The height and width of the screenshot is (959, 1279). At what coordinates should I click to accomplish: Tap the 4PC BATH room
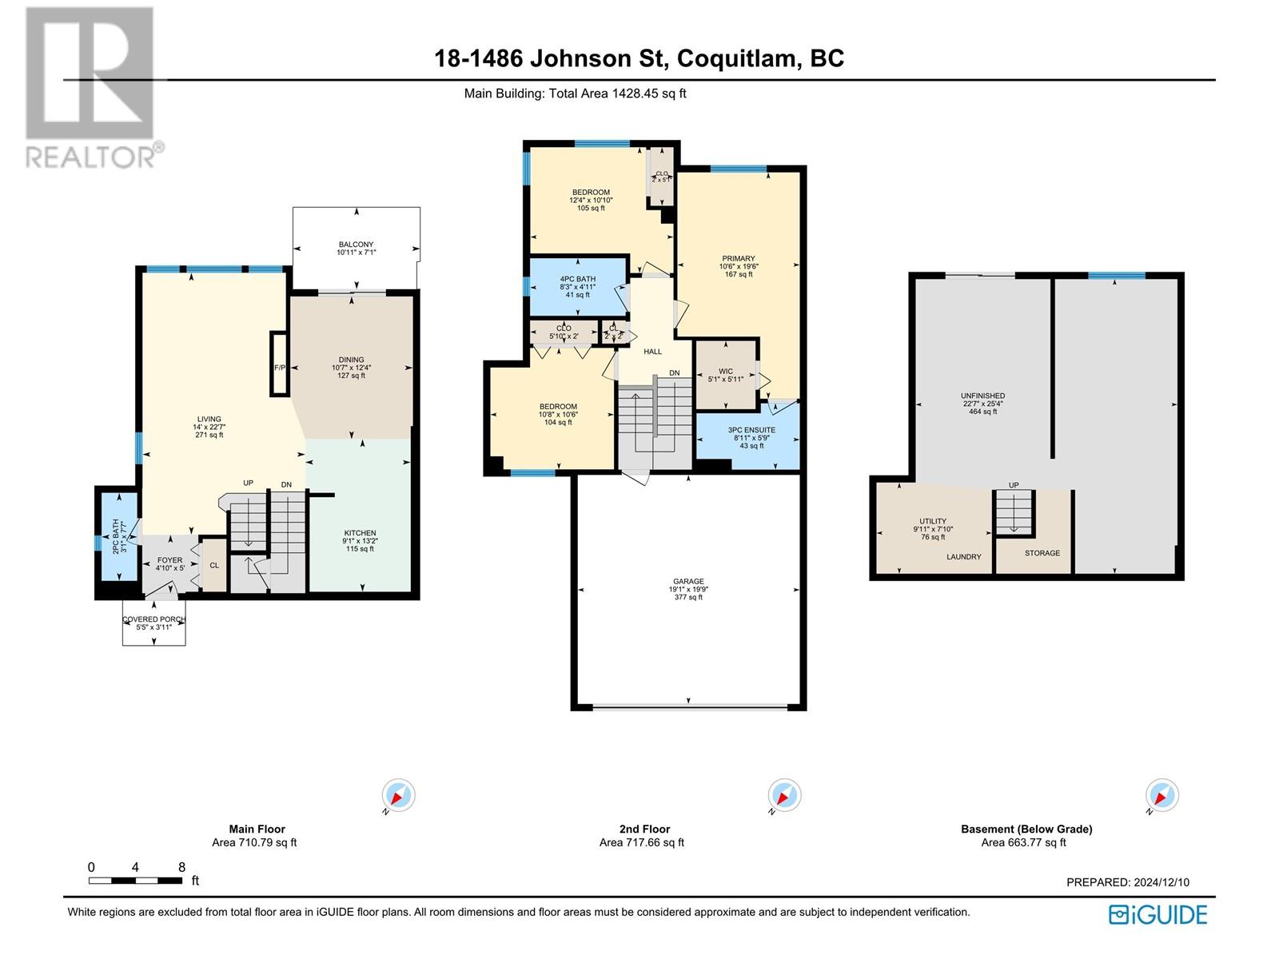(x=577, y=286)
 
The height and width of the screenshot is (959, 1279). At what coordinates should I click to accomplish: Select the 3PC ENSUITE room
(x=751, y=437)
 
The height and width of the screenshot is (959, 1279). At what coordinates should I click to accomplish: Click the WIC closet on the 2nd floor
(x=725, y=374)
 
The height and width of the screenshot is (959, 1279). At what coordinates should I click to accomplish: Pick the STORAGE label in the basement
(x=1042, y=553)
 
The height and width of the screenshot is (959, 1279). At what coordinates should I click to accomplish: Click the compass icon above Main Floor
(x=398, y=796)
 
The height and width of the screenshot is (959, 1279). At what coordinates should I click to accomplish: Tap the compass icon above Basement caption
(x=1161, y=796)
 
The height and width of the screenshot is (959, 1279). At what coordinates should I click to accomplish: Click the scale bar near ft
(x=135, y=881)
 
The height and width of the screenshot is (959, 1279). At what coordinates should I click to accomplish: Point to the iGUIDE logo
(x=1157, y=914)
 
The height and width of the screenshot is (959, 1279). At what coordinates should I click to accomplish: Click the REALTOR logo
(x=90, y=88)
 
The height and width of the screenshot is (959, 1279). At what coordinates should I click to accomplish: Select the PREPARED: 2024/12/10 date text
(x=1127, y=882)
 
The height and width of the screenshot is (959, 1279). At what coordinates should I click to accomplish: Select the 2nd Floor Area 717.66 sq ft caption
(x=642, y=836)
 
